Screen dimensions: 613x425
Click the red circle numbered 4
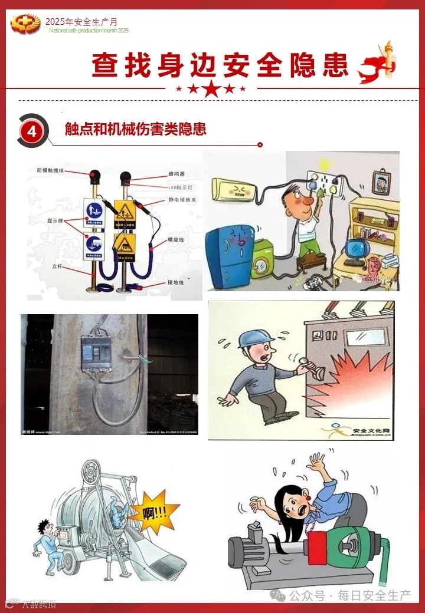32,131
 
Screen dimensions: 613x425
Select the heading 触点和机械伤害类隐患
136,129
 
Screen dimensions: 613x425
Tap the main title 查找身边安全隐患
220,65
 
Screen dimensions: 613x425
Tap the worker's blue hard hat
256,338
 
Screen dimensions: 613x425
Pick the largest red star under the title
212,89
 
